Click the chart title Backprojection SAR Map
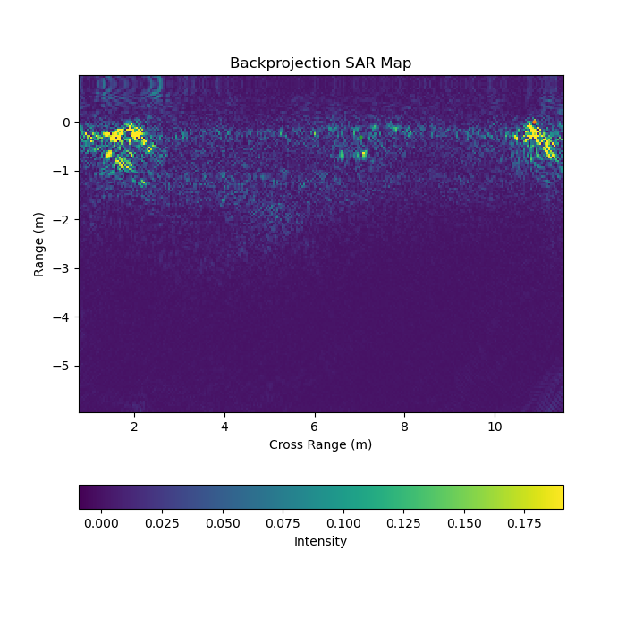[320, 63]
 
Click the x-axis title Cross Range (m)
[320, 444]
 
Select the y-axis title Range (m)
[39, 244]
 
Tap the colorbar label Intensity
[320, 541]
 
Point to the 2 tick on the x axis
[134, 427]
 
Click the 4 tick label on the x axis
[224, 427]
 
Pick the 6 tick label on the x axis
[315, 427]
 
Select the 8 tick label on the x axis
[404, 427]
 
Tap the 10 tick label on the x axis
[495, 427]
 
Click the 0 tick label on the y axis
[66, 123]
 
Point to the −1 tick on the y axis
[63, 171]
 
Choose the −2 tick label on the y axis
[63, 220]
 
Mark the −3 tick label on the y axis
[63, 268]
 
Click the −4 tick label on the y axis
[63, 317]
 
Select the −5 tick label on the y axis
[63, 366]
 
